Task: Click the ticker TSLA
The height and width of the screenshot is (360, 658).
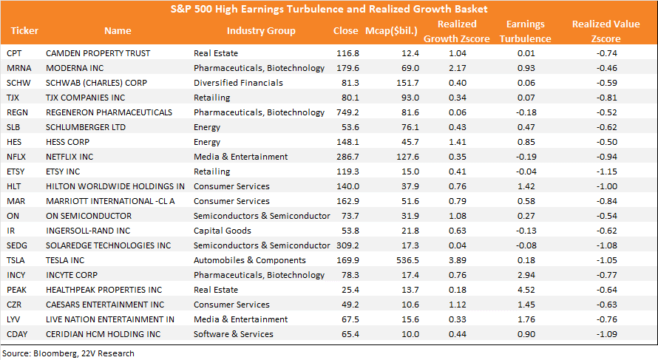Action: pyautogui.click(x=16, y=260)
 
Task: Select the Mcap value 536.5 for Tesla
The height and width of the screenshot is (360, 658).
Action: pyautogui.click(x=407, y=260)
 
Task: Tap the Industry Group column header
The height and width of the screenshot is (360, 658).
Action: pyautogui.click(x=261, y=30)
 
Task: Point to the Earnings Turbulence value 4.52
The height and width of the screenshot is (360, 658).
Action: pyautogui.click(x=526, y=290)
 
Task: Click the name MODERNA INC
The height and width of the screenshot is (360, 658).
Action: pyautogui.click(x=75, y=68)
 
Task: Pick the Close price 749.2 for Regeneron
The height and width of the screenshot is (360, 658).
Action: pyautogui.click(x=348, y=112)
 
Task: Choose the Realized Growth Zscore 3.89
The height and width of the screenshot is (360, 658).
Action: pyautogui.click(x=458, y=260)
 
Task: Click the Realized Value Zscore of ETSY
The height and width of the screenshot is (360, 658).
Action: pyautogui.click(x=607, y=171)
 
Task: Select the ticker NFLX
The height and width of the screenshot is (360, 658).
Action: pyautogui.click(x=16, y=157)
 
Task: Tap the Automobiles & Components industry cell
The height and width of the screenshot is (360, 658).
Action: pyautogui.click(x=250, y=260)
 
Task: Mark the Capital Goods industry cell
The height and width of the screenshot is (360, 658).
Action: pyautogui.click(x=223, y=231)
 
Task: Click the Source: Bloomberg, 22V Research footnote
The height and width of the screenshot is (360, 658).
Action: pyautogui.click(x=69, y=353)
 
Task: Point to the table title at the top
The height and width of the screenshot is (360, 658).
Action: pyautogui.click(x=329, y=9)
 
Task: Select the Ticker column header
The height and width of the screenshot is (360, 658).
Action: pyautogui.click(x=24, y=30)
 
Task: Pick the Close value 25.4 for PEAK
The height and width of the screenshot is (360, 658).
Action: pyautogui.click(x=350, y=290)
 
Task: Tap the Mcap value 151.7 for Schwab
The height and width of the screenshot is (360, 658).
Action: pyautogui.click(x=407, y=83)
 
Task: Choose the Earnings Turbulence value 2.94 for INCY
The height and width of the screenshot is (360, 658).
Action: pyautogui.click(x=526, y=275)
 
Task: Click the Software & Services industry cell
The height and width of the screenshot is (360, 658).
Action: pyautogui.click(x=234, y=334)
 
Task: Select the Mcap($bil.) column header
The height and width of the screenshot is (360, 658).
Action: pyautogui.click(x=392, y=30)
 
